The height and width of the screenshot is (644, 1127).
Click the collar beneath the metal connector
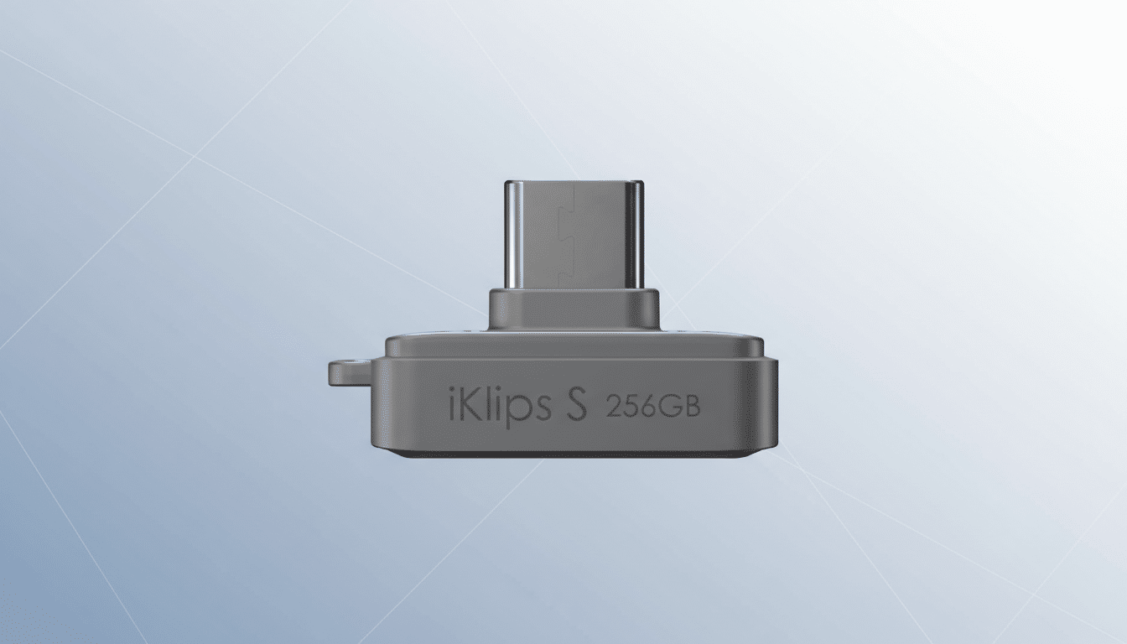574,310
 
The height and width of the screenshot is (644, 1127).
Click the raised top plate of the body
574,346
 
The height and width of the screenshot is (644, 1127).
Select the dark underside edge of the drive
574,454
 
